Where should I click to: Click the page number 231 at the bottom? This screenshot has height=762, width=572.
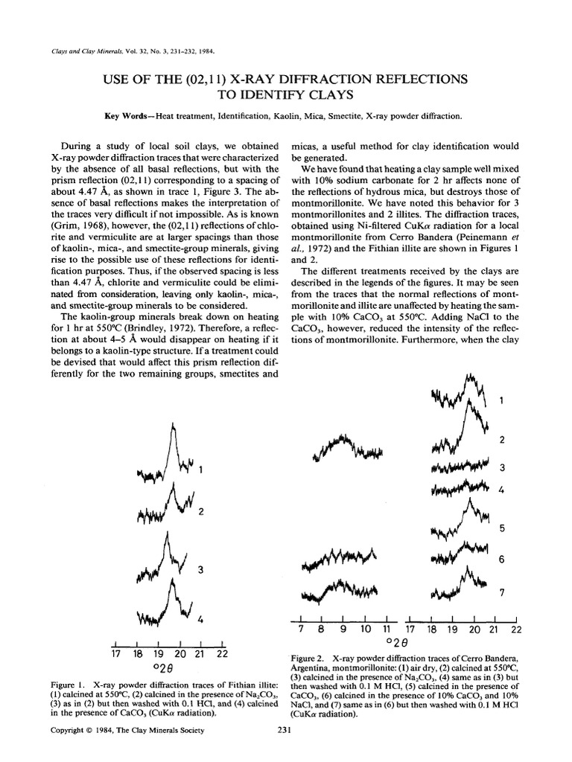282,751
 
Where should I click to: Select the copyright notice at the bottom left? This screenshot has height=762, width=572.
127,751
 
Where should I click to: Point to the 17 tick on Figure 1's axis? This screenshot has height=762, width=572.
115,655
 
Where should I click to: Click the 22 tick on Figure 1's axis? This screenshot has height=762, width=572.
222,655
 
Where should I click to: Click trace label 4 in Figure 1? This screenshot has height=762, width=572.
200,619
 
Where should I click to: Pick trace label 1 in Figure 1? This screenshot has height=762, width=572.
201,469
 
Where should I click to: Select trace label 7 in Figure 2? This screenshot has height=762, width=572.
502,592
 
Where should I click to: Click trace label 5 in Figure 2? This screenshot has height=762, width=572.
502,528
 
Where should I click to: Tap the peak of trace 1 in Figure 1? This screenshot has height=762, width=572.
174,426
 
